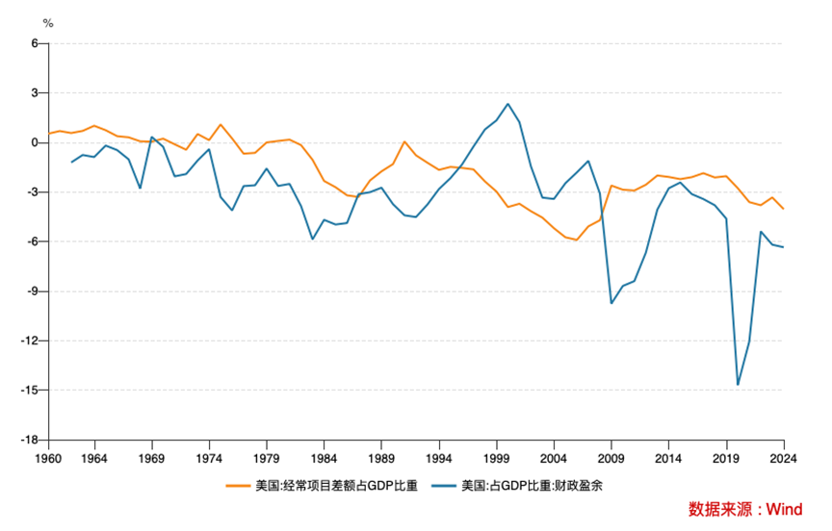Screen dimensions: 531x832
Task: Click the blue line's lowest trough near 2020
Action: [738, 385]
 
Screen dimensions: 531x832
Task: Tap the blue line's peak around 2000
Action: [507, 104]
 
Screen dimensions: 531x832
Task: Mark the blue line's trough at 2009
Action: [611, 303]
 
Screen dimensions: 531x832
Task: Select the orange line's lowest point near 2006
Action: [577, 240]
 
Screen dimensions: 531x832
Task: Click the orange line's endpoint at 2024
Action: [783, 209]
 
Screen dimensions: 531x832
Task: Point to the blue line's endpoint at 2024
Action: [783, 247]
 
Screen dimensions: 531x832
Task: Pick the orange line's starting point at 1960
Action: [48, 134]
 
